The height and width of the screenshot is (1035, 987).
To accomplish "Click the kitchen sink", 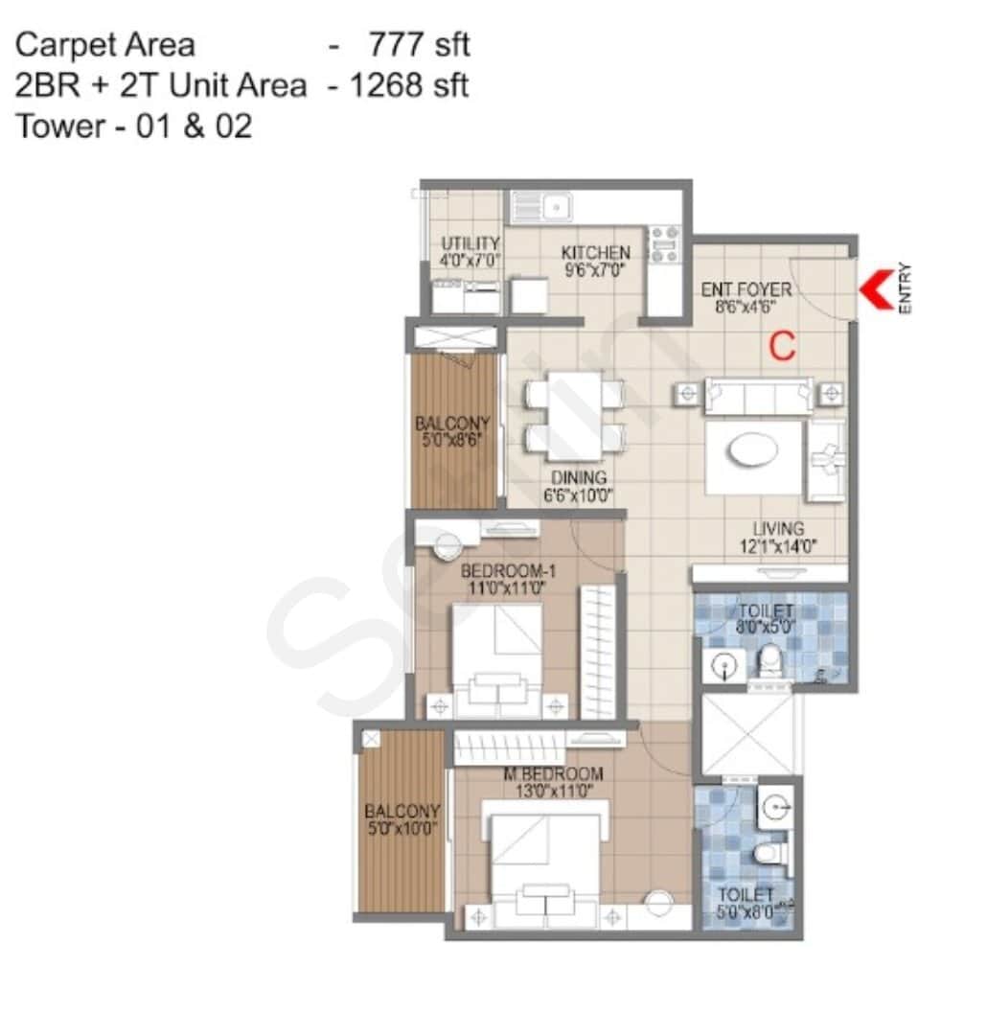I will point(541,206).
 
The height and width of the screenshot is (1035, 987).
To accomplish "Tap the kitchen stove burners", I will point(664,243).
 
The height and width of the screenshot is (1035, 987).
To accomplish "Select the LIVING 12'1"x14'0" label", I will point(777,538).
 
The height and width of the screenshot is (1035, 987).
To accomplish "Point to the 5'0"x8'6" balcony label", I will point(452,431).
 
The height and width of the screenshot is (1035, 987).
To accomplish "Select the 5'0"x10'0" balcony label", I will point(402,819).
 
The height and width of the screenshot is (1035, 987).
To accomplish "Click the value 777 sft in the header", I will point(419,44).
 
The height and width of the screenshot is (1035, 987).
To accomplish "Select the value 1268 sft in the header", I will point(409,85).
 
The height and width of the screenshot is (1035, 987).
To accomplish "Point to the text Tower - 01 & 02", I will point(133,126).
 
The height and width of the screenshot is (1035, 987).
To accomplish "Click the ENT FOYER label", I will point(746,297).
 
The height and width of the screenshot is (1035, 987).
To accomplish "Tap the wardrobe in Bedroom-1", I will point(598,652).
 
